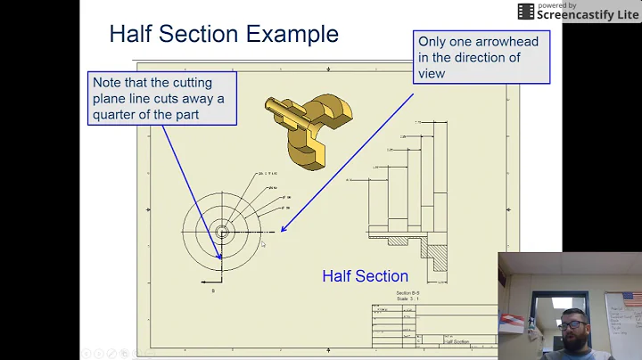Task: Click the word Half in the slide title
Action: point(129,35)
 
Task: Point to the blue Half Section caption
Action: point(365,276)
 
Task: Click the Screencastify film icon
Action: point(525,12)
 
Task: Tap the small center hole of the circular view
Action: point(222,232)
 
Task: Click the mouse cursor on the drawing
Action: point(263,244)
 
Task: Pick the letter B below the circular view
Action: point(212,291)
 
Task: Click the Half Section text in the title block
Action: point(457,340)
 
